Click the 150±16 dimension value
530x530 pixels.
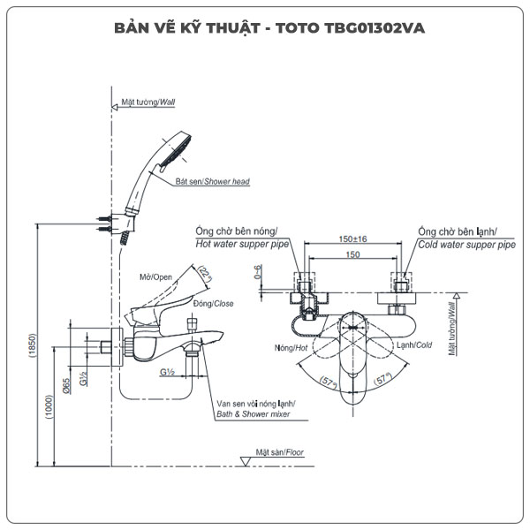point(352,238)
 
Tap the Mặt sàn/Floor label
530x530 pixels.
point(279,452)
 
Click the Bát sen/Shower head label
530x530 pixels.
point(212,182)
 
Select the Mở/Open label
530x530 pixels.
point(155,276)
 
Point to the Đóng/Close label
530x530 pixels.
point(188,303)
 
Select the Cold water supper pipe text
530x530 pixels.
point(466,245)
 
